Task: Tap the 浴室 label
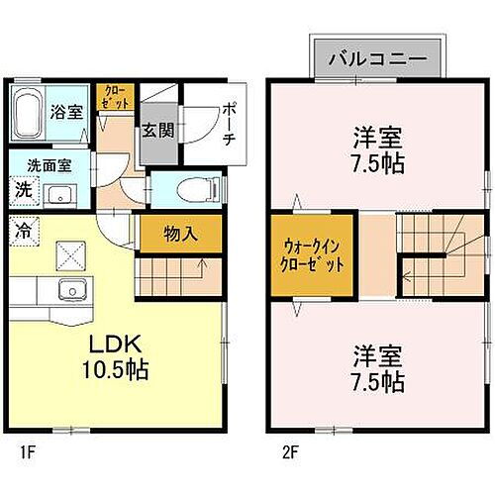click(x=67, y=111)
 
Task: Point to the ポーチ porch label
click(x=228, y=123)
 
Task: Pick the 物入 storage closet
click(x=179, y=234)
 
